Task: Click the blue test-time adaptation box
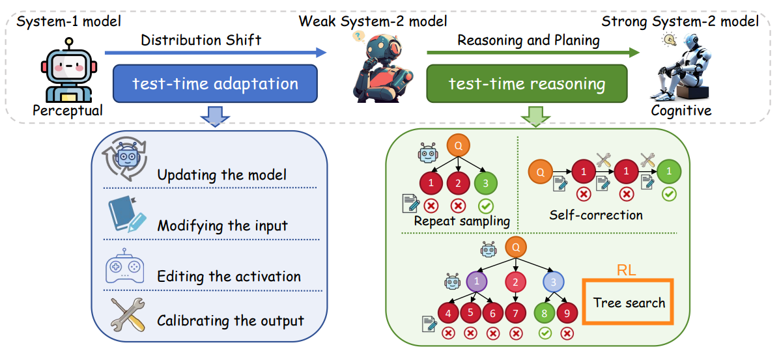point(215,83)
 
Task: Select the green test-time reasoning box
point(527,83)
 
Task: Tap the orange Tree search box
point(629,302)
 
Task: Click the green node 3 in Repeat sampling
point(485,183)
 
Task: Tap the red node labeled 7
point(515,314)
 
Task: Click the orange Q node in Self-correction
point(540,173)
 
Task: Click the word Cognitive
point(681,110)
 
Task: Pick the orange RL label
point(627,270)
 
